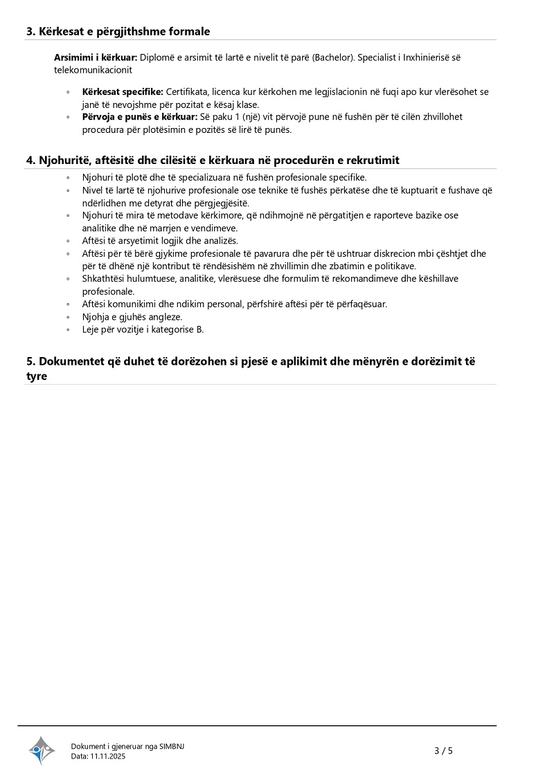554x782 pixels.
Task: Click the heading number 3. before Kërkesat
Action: coord(30,31)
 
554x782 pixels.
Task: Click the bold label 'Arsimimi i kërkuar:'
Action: coord(96,57)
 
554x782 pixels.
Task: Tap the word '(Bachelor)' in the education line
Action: coord(332,57)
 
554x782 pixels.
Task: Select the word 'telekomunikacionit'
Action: coord(93,70)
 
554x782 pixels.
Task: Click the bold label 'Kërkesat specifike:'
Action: coord(123,91)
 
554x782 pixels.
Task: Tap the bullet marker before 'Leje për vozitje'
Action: coord(68,329)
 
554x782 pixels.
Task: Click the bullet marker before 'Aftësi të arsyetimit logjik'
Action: coord(68,241)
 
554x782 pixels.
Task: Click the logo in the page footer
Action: coord(42,750)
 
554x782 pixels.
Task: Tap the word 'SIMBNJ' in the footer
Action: coord(172,745)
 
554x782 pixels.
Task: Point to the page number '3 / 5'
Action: coord(443,750)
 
